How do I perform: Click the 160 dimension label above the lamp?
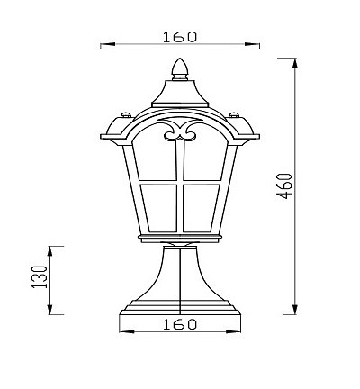[180, 37]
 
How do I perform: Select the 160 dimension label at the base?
[180, 324]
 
